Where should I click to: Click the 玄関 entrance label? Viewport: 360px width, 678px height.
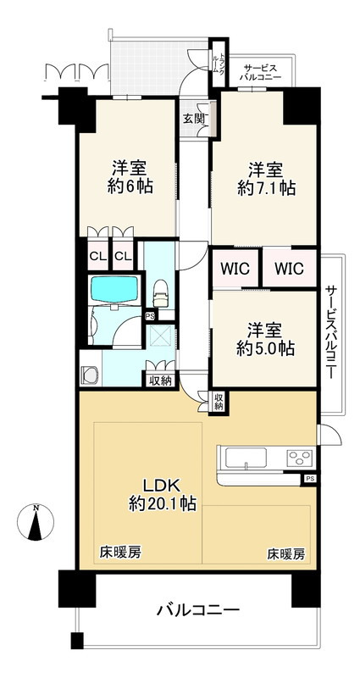[192, 119]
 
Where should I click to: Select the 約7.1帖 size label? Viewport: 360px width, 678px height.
[264, 189]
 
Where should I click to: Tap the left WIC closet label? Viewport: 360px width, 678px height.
[235, 270]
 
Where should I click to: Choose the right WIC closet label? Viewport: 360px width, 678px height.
[288, 270]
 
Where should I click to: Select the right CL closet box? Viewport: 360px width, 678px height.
[123, 257]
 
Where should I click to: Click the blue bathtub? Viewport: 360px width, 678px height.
[114, 290]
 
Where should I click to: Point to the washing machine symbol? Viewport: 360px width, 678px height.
[91, 374]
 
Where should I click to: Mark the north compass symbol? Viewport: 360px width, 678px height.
[35, 523]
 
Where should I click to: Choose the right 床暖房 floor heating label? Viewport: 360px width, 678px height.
[285, 554]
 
